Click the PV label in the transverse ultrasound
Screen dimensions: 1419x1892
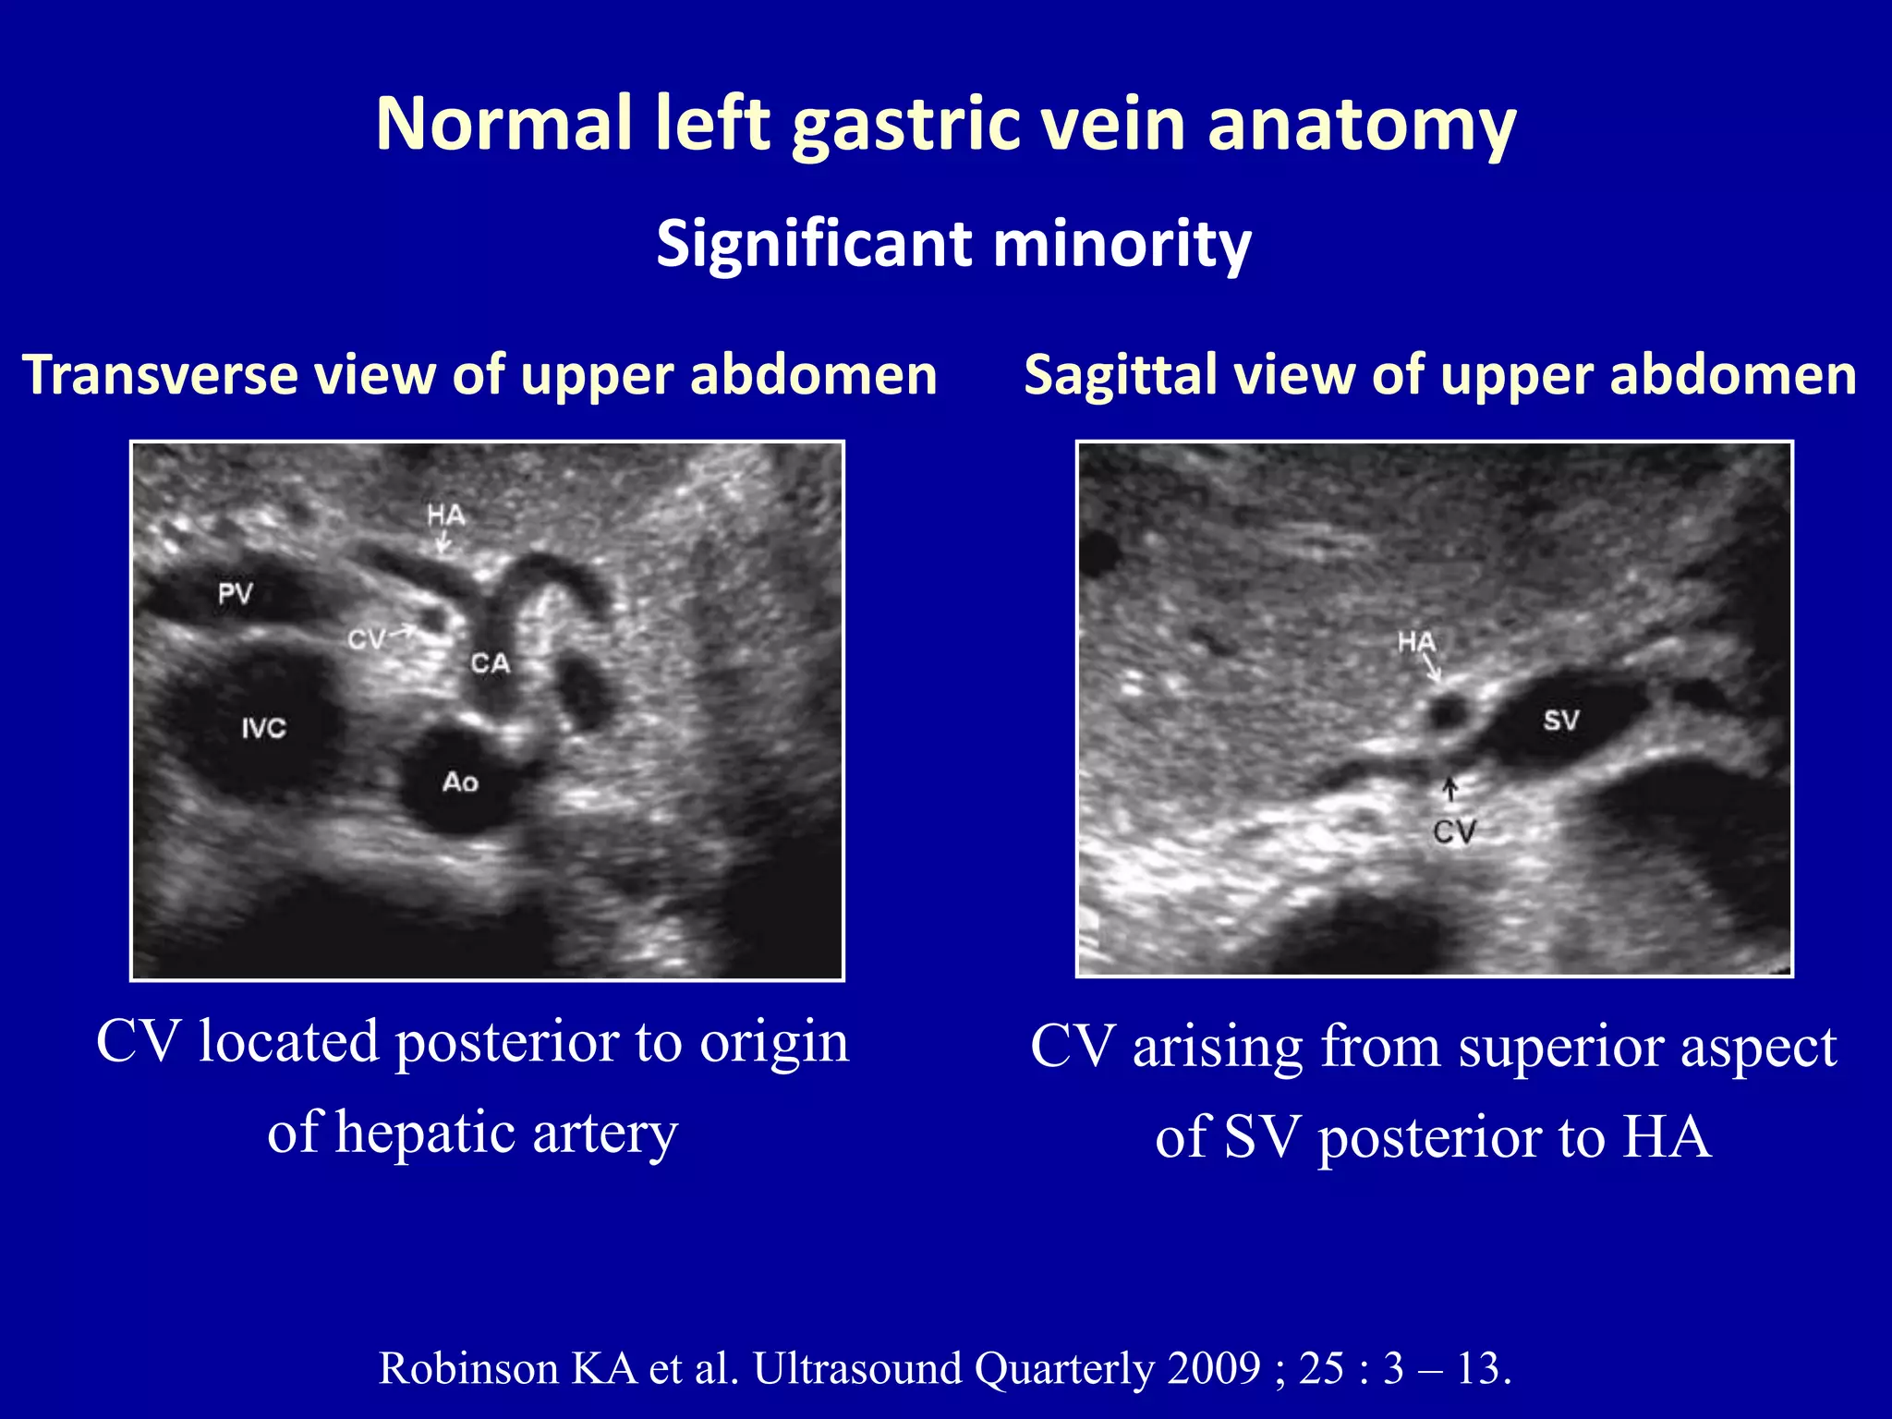coord(235,593)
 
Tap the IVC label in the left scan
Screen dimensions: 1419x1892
coord(263,728)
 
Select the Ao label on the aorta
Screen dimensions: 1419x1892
coord(460,782)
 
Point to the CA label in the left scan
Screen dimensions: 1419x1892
coord(490,663)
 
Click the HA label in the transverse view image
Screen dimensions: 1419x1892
coord(445,515)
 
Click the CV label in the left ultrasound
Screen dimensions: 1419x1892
coord(366,639)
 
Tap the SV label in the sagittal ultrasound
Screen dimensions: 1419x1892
coord(1560,721)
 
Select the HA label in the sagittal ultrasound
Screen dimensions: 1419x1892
coord(1416,641)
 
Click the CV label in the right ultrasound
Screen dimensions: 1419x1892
coord(1454,831)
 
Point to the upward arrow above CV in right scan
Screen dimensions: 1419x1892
coord(1450,788)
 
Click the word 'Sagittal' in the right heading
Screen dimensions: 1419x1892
coord(1120,375)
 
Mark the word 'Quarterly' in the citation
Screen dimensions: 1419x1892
coord(1064,1368)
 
